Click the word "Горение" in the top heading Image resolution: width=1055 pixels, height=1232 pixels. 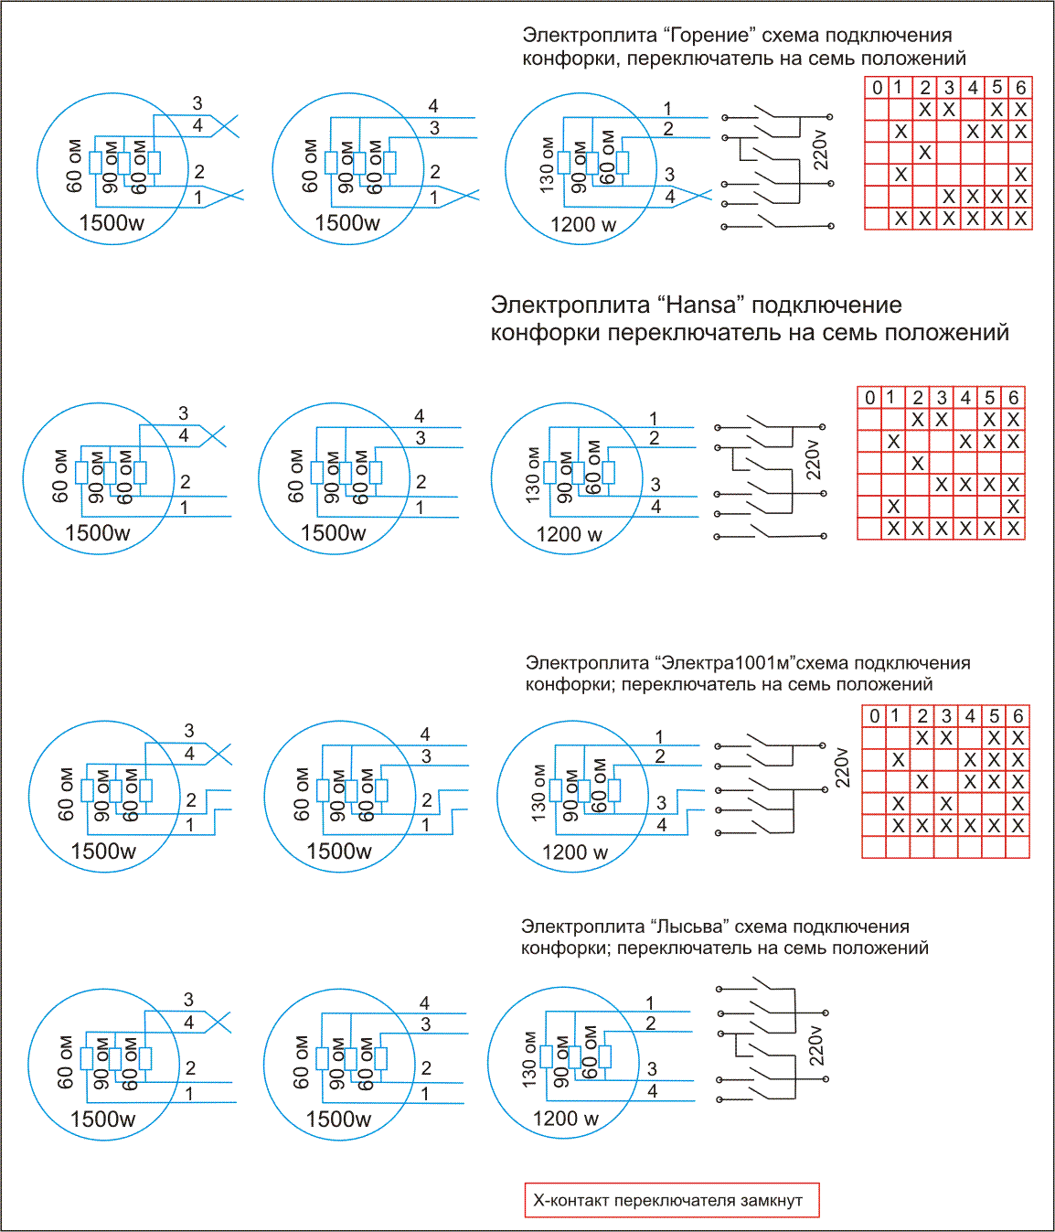coord(711,35)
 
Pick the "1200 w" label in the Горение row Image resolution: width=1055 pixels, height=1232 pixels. coord(583,224)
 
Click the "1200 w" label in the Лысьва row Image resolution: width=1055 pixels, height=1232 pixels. coord(566,1119)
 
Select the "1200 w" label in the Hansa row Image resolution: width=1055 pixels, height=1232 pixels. coord(569,534)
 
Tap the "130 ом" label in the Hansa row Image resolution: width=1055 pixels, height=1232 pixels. coord(534,475)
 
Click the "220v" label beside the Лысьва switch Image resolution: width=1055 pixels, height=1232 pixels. coord(817,1045)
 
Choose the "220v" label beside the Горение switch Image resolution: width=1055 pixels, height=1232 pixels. coord(820,149)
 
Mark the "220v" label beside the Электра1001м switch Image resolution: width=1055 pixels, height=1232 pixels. coord(843,768)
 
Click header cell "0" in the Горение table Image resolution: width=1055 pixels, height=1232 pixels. coord(878,88)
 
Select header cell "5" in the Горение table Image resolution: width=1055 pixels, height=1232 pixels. coord(996,88)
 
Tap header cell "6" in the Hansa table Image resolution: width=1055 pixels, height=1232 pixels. coord(1013,398)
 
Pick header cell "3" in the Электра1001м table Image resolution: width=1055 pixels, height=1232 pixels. coord(946,716)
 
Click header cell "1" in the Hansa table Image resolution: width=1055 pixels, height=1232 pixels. coord(890,398)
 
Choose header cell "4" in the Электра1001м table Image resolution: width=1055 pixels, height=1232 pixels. coord(970,716)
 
